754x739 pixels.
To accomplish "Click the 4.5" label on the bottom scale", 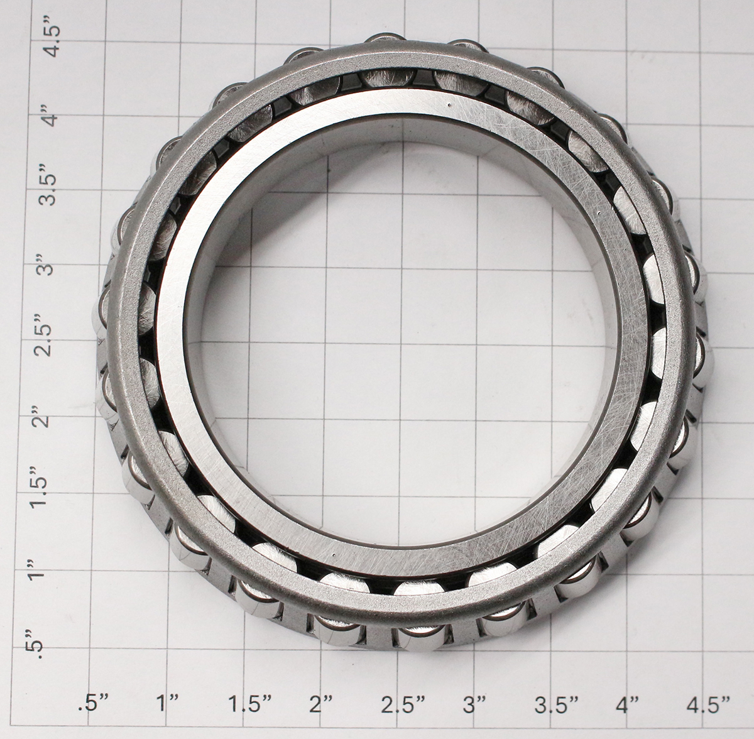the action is click(x=709, y=716).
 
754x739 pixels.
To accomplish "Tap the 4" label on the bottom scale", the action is click(x=628, y=716).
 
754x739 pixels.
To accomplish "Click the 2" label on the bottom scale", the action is click(x=323, y=716).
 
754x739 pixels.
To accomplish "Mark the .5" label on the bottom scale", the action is click(x=94, y=716).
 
